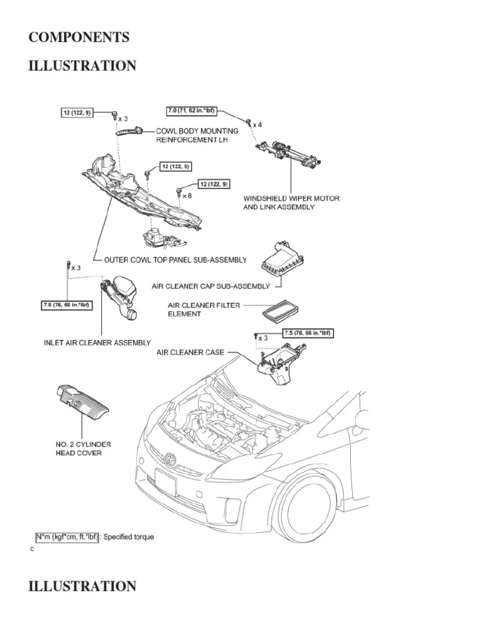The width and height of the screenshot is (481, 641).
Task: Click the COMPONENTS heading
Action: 79,38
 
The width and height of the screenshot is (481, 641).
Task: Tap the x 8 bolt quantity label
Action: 187,196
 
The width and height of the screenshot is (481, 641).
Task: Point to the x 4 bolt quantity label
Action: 256,125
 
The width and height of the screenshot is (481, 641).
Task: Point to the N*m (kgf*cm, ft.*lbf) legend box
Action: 66,536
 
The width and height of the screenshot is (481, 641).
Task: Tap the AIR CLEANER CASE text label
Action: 190,353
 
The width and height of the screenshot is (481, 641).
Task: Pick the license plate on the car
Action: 165,486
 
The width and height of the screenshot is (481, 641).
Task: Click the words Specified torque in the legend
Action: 127,536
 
